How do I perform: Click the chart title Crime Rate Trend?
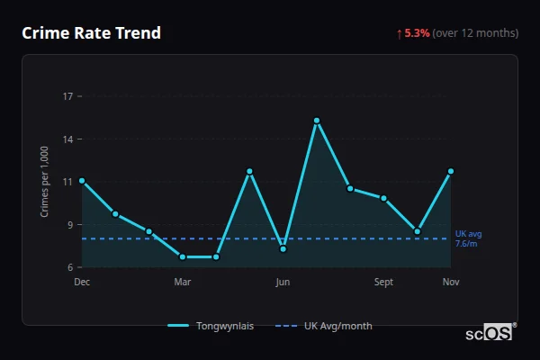[92, 33]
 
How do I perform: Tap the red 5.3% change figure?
[417, 33]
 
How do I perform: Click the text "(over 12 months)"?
[475, 33]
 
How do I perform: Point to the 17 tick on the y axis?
[68, 96]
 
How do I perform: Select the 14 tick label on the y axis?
[68, 139]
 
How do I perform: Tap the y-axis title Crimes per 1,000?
[45, 182]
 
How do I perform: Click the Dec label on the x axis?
[82, 282]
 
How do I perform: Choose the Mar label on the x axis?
[183, 282]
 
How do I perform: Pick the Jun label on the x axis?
[283, 282]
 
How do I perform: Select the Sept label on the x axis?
[383, 282]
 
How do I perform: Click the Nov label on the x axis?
[451, 282]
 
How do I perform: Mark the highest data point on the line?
[317, 121]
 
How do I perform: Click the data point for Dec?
[82, 181]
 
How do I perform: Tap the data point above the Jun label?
[283, 248]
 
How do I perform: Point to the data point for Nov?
[451, 171]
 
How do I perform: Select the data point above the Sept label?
[383, 198]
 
